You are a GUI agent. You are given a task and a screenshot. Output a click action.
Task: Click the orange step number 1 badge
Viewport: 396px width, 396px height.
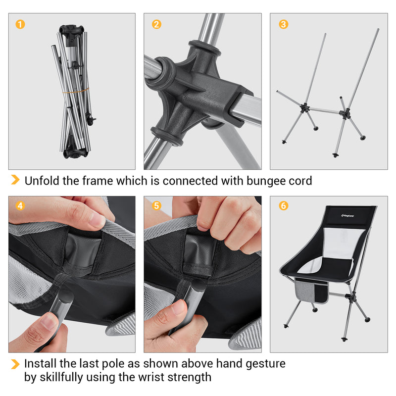(20, 24)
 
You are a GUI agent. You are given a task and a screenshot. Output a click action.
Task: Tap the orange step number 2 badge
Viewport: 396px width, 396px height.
(156, 24)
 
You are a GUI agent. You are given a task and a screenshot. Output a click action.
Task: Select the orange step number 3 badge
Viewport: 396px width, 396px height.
(284, 24)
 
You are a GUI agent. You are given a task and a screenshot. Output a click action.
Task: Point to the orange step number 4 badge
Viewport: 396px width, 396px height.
(20, 205)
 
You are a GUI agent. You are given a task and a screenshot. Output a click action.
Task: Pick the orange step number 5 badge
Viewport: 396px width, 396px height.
(156, 205)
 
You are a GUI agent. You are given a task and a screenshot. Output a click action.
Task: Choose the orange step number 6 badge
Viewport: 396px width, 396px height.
(284, 205)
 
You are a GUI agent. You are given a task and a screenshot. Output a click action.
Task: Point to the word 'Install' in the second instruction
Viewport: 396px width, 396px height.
(41, 364)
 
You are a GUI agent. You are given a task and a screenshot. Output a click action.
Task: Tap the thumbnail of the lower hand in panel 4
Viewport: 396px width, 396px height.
(48, 322)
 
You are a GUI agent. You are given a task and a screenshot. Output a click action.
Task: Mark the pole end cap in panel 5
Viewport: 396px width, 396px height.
(198, 286)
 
